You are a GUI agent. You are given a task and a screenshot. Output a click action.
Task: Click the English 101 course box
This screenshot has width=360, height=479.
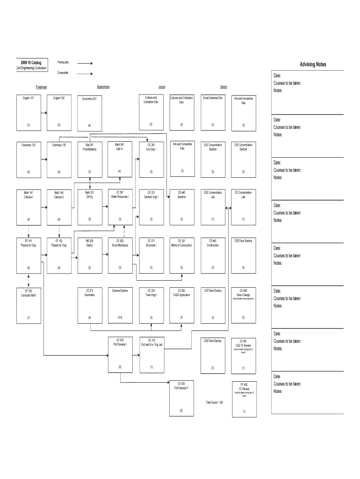(x=28, y=112)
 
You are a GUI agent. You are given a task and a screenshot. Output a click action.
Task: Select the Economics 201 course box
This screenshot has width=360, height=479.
(x=89, y=112)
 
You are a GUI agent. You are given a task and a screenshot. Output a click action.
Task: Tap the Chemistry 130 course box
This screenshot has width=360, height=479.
(x=59, y=160)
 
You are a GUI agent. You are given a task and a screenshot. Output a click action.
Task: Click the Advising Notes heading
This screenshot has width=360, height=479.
(x=313, y=65)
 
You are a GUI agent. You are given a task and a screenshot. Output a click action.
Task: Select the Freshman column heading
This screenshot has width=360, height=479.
(x=42, y=87)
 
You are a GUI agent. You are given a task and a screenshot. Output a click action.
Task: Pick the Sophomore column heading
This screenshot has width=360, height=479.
(x=103, y=87)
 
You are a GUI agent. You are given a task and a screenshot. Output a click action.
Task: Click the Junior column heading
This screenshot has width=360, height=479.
(x=162, y=87)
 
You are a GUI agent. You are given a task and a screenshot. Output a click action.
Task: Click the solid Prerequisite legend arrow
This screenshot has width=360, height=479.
(x=85, y=63)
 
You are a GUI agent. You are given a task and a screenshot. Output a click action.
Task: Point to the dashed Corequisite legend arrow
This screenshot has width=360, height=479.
(x=85, y=73)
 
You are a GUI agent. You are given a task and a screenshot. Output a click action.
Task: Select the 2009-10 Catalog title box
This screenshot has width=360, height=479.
(x=31, y=65)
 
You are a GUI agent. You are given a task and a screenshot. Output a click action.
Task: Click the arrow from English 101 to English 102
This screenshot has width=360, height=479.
(x=44, y=112)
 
